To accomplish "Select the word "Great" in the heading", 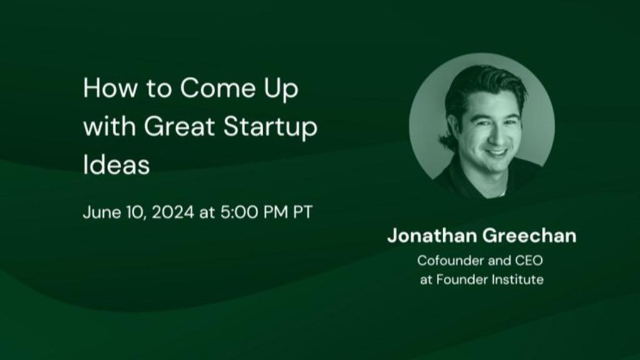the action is (x=179, y=126).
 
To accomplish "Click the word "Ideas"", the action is (x=116, y=164).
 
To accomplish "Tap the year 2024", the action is (x=173, y=212).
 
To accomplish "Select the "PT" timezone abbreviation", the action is (x=303, y=212).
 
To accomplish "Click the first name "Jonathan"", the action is (x=432, y=236).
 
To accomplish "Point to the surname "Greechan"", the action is (x=529, y=236).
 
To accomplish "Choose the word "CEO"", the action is (x=529, y=261).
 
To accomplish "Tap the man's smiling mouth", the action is (x=497, y=154).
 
